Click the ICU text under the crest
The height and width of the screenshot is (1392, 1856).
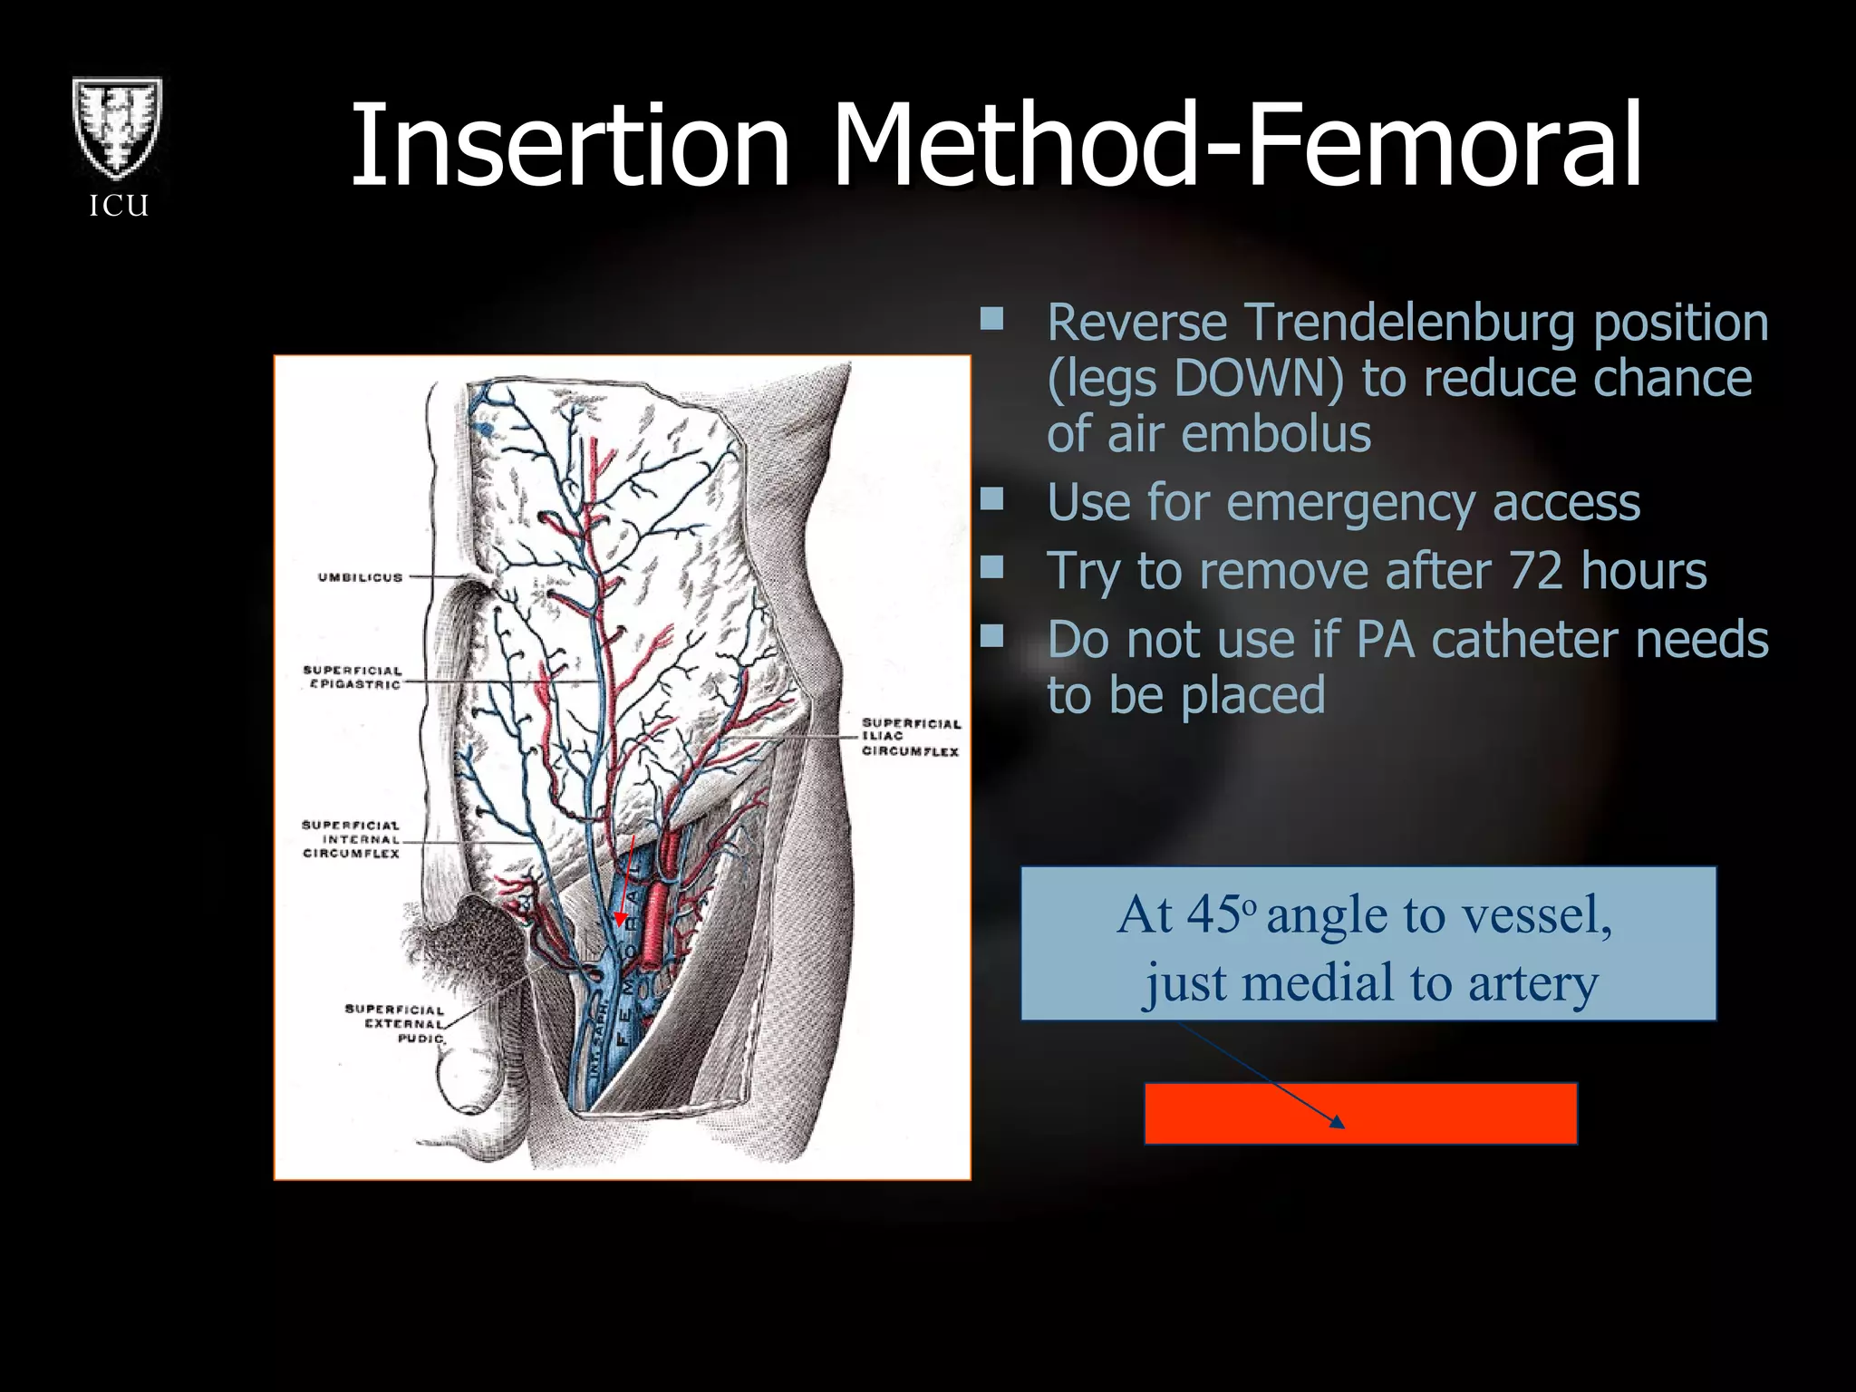(119, 206)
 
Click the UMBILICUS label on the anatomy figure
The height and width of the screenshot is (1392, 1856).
(360, 577)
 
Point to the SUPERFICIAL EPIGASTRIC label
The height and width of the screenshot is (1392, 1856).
(353, 677)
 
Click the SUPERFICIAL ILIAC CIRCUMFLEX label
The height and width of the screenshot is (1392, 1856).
(910, 737)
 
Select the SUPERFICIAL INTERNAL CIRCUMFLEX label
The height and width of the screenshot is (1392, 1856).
(351, 839)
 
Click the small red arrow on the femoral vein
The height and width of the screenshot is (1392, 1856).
(621, 918)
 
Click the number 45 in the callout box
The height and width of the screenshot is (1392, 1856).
(1213, 915)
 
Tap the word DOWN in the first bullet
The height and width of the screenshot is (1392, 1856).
(1259, 378)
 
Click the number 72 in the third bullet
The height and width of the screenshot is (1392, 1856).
(1536, 571)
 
